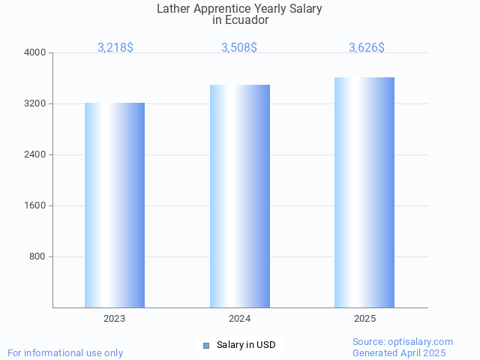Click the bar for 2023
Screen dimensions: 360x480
115,205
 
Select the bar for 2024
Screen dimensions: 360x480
240,196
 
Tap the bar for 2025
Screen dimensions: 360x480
364,192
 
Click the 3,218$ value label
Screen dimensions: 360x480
115,47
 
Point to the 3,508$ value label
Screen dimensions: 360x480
239,47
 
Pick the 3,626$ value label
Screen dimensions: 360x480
367,47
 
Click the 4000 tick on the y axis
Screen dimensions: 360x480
35,52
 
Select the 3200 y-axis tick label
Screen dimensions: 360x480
35,103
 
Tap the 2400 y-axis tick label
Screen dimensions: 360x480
35,154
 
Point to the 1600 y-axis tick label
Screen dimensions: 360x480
35,205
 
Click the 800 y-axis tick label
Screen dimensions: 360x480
37,256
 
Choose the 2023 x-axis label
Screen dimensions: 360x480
115,319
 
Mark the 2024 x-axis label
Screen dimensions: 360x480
240,319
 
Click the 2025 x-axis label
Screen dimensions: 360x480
365,319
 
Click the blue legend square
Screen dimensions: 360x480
206,345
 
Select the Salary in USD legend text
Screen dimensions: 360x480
246,345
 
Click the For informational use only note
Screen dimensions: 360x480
65,352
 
